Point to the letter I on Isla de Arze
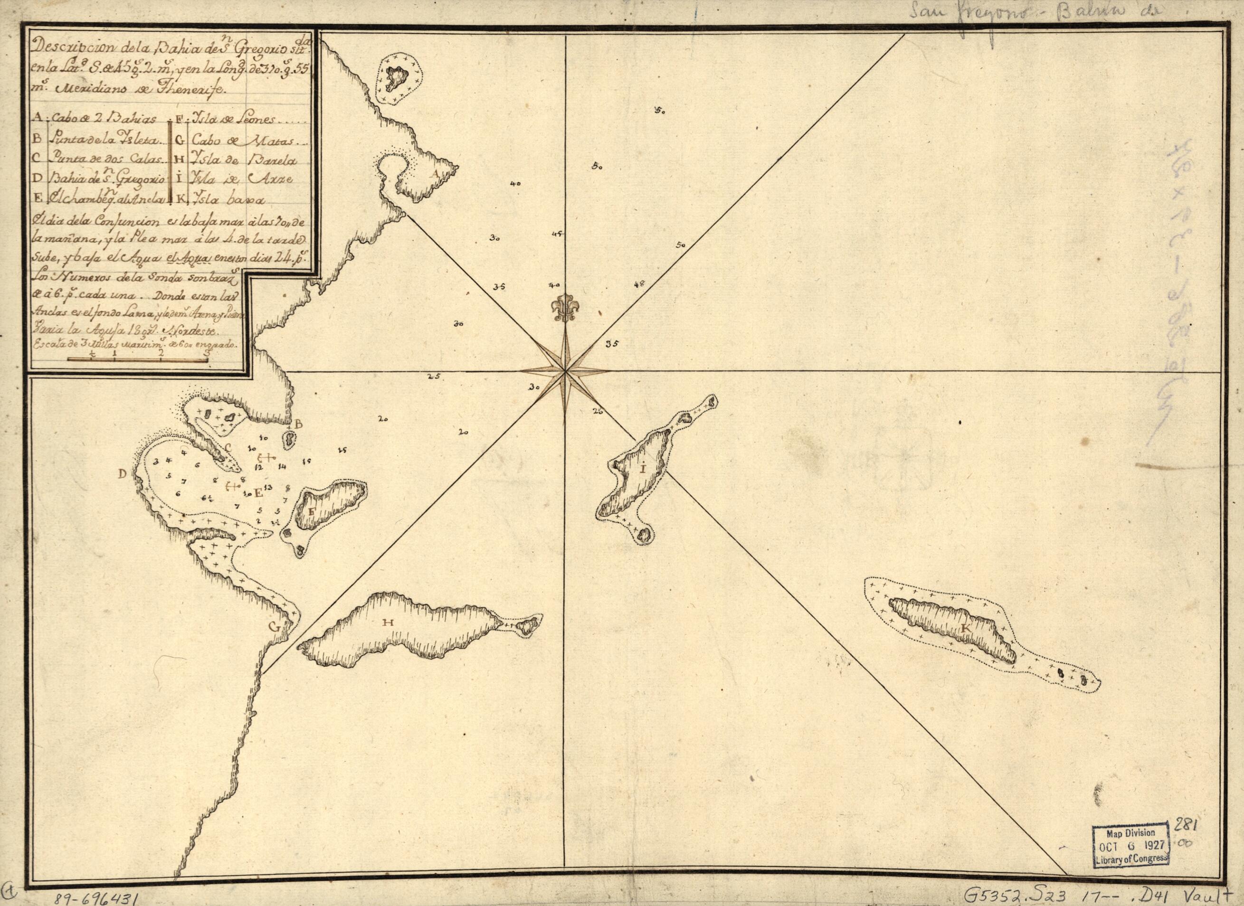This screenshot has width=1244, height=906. tap(642, 469)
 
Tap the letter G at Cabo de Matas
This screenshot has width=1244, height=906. tap(274, 626)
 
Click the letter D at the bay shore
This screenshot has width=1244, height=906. tap(123, 473)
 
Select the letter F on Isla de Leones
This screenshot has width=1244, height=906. tap(312, 510)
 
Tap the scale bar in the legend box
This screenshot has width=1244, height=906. tap(137, 359)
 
